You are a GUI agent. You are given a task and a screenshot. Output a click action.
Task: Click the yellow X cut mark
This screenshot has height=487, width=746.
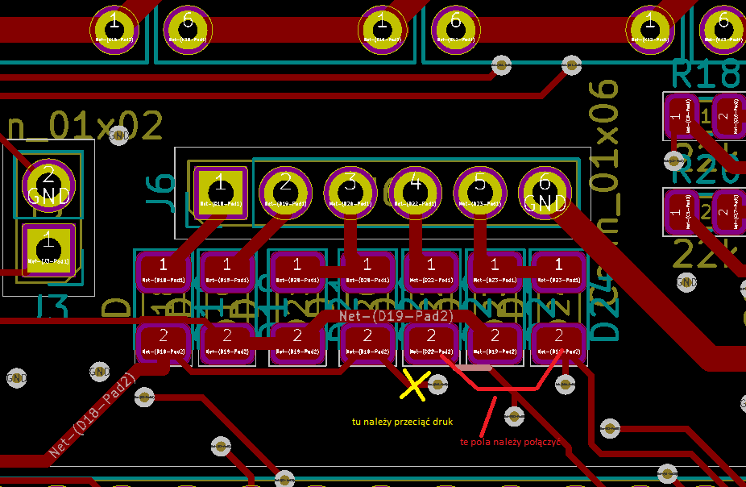click(x=414, y=385)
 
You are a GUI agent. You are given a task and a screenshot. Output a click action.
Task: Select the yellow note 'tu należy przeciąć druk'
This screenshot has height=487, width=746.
click(x=403, y=422)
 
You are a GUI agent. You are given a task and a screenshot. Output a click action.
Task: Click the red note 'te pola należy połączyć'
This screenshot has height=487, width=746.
click(x=510, y=442)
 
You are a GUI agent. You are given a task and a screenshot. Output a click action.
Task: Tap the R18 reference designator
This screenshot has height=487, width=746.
click(x=705, y=74)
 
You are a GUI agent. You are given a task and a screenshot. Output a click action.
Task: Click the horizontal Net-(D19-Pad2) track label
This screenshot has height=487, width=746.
click(x=396, y=316)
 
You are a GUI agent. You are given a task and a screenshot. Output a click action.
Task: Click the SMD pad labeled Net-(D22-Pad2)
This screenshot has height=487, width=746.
click(x=431, y=342)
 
